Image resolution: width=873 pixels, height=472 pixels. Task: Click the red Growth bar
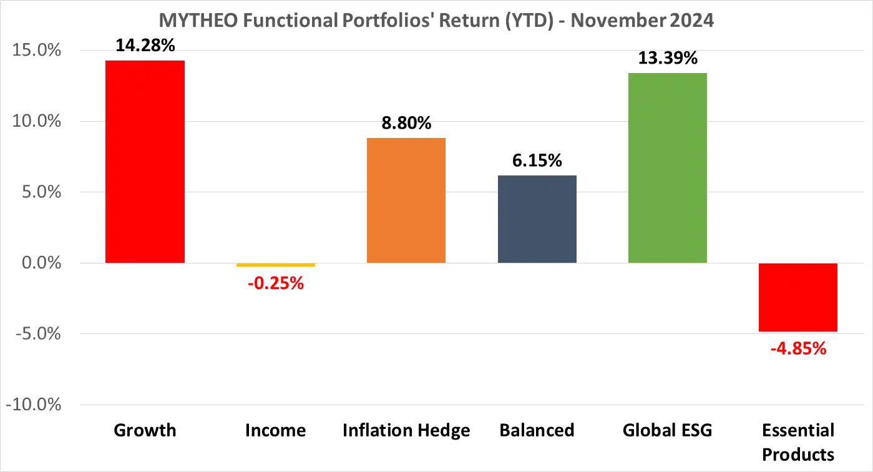tap(145, 161)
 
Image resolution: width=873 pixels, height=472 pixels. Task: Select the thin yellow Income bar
tap(275, 265)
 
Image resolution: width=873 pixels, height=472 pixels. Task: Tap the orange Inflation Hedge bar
tap(406, 200)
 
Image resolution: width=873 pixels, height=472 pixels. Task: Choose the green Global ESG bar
tap(667, 167)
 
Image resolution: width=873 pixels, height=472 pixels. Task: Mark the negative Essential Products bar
tap(798, 297)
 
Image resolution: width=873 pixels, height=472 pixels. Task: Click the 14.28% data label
tap(145, 45)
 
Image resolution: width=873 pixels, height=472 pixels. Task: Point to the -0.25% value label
tap(275, 283)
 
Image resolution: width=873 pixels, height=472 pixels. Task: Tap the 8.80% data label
tap(406, 123)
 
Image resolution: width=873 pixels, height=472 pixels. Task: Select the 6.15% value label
tap(537, 160)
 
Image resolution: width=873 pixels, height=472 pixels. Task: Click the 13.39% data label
tap(667, 58)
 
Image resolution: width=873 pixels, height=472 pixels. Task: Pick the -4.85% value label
tap(798, 348)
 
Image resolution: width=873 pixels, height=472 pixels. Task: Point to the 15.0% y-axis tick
tap(37, 51)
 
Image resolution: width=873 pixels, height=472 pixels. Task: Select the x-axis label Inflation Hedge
tap(406, 430)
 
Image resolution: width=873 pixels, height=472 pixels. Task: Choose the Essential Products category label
tap(798, 441)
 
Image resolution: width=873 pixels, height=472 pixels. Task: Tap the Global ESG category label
tap(667, 430)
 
